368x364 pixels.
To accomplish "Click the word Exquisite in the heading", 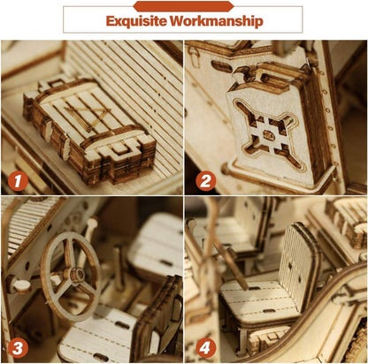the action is point(136,21).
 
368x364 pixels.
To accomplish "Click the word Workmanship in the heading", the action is point(216,21).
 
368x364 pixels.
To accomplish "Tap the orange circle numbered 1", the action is point(18,181).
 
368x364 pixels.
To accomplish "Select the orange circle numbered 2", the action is point(206,181).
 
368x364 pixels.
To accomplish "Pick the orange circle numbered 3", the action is point(18,348).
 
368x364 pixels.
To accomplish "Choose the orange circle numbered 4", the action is point(204,348).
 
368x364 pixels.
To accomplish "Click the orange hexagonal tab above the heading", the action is point(183,6).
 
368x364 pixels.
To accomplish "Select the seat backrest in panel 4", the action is point(298,265).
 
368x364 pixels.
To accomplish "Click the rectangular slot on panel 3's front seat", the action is point(122,325).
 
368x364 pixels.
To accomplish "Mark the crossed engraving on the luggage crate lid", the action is point(88,117).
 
